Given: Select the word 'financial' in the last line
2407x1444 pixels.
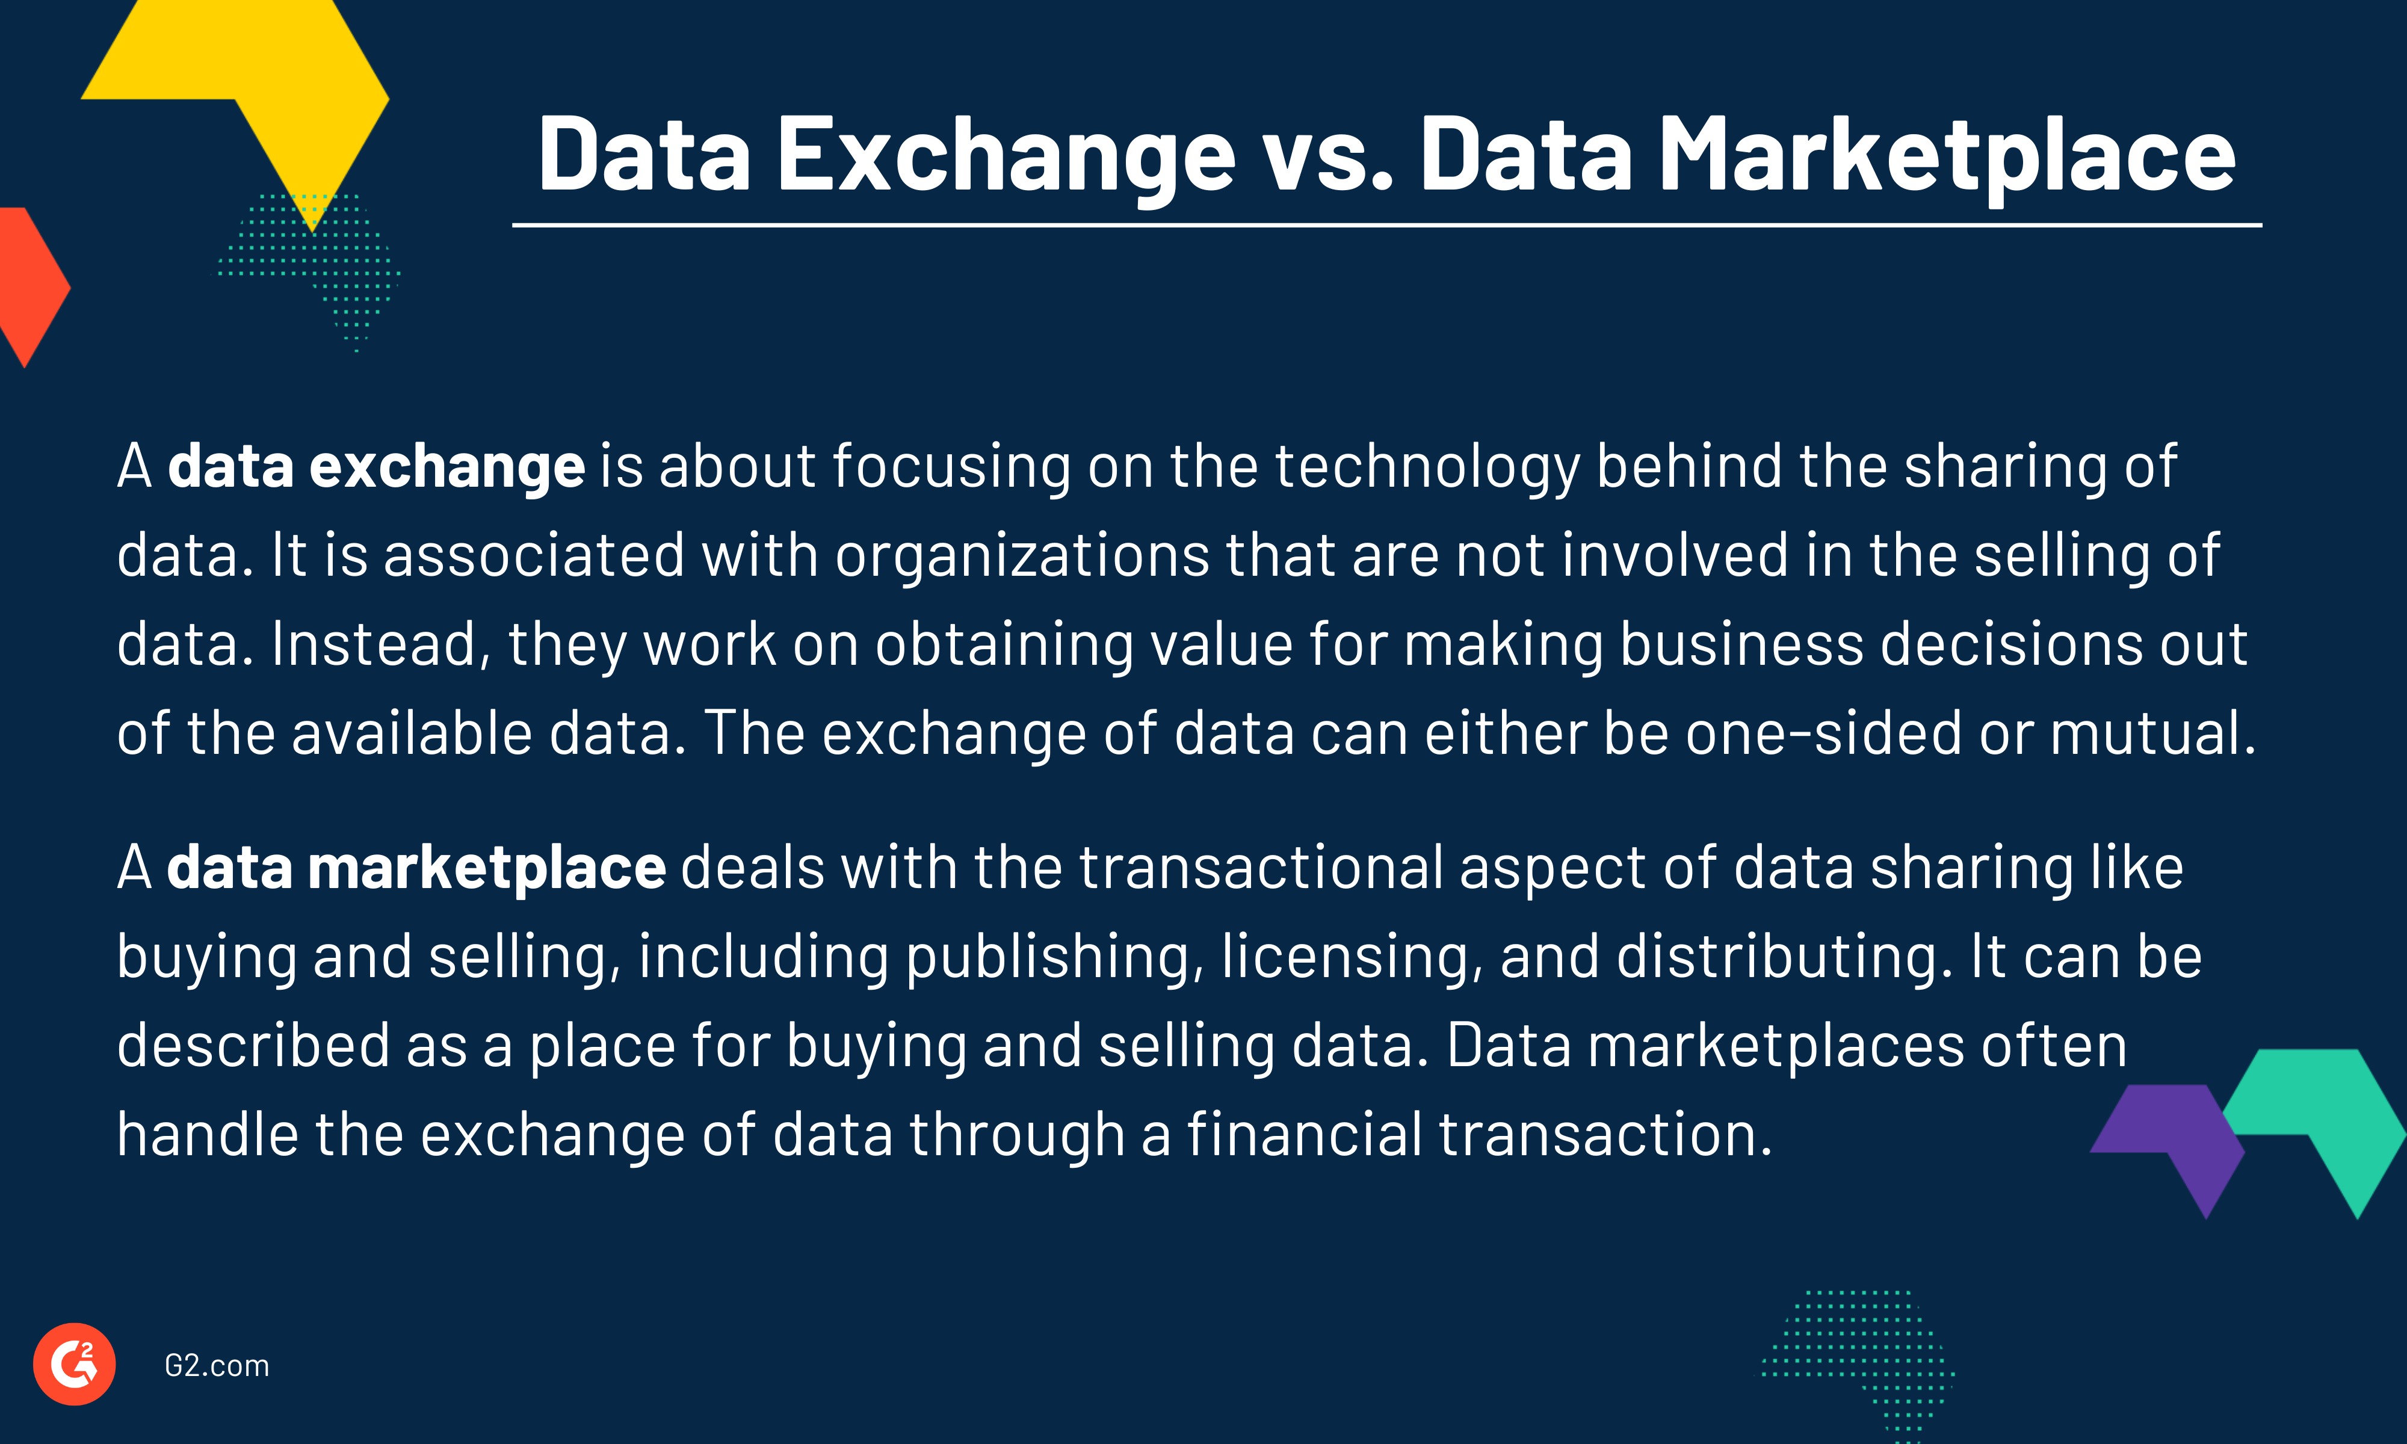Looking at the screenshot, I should [1304, 1135].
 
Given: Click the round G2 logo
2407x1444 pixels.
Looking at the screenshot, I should [75, 1364].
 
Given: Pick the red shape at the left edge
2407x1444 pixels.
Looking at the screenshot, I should [26, 287].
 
